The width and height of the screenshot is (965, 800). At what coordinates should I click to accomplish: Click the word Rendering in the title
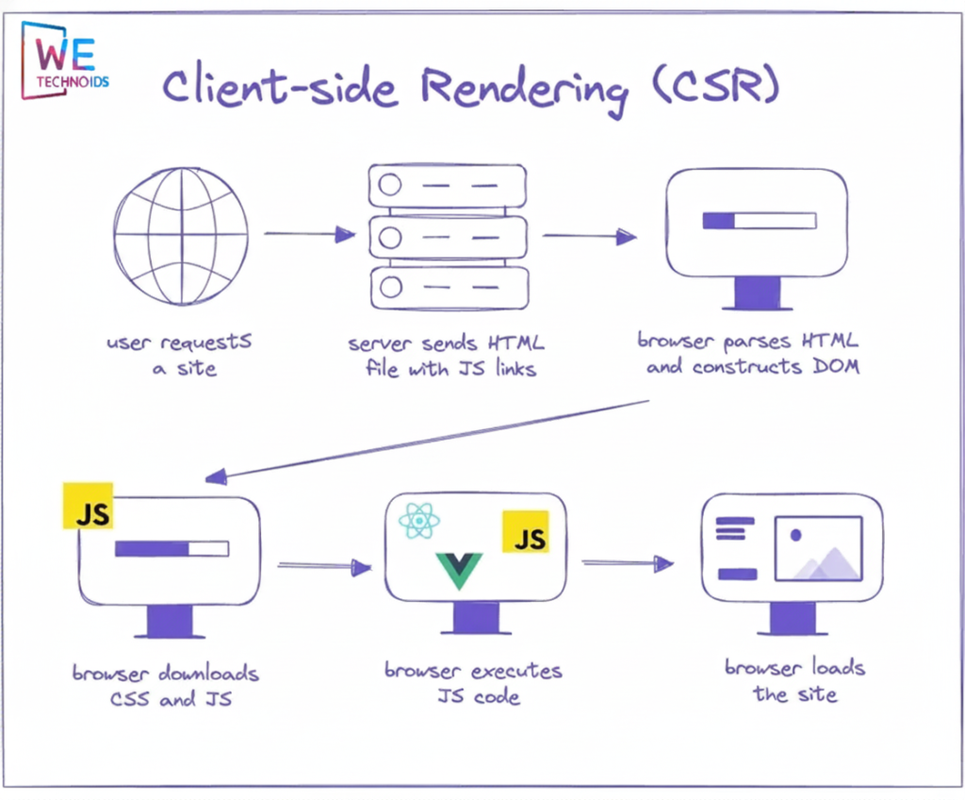(x=523, y=90)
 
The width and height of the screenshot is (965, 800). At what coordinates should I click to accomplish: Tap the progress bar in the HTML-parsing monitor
(x=759, y=221)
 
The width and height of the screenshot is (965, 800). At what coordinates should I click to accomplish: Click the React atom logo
(x=419, y=521)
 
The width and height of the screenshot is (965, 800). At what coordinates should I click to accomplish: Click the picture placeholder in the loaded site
(x=818, y=548)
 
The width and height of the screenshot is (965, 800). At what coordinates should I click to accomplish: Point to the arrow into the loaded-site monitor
(x=627, y=564)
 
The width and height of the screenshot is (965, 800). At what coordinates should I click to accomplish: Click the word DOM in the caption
(x=835, y=367)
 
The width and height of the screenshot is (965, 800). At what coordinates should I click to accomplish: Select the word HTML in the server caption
(x=513, y=342)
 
